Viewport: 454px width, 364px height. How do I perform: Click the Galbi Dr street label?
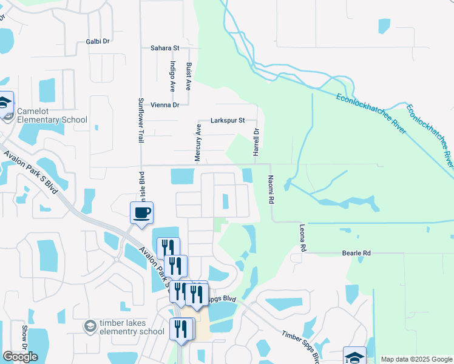pos(97,41)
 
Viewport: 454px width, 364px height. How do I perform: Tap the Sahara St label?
pos(165,47)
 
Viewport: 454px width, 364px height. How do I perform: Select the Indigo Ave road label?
pos(173,76)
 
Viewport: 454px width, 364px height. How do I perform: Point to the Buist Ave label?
pos(189,76)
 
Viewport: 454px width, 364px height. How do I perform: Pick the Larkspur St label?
pos(227,120)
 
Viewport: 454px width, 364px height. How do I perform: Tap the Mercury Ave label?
pos(198,143)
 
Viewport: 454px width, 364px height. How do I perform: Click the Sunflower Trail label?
pos(140,120)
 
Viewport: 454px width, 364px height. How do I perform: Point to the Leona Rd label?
pos(302,238)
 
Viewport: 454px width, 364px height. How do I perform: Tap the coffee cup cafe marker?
pos(141,213)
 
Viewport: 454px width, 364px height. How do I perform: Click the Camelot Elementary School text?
pos(52,115)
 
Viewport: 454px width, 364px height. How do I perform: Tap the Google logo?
pos(20,357)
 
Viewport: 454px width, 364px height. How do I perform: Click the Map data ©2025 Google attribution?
pos(416,359)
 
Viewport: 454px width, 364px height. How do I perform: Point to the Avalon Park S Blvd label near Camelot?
pos(30,173)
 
